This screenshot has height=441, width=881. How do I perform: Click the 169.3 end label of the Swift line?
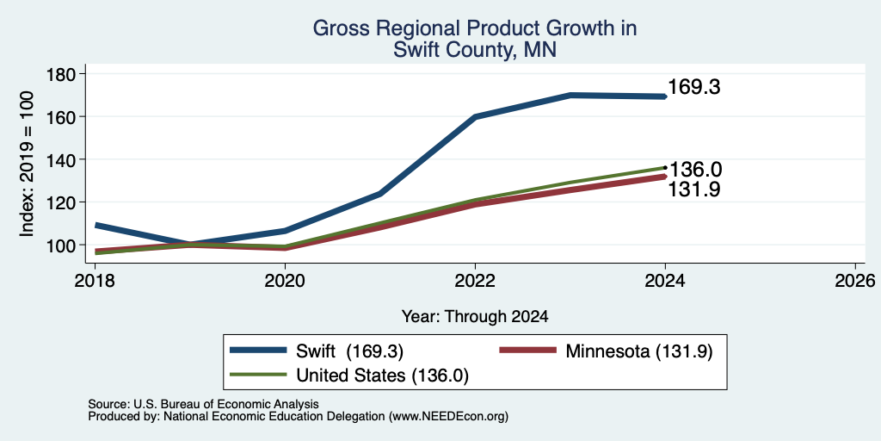tap(694, 88)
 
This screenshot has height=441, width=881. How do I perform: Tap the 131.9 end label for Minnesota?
tap(694, 189)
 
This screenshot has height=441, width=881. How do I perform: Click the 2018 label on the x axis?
tap(95, 280)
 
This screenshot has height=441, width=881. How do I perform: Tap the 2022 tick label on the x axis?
tap(475, 280)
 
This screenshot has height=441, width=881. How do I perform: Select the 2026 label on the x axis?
tap(855, 280)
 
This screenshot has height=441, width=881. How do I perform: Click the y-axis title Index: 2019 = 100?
tap(27, 164)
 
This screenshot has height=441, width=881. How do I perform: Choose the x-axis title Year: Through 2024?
tap(475, 317)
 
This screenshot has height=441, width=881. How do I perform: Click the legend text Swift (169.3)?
tap(350, 351)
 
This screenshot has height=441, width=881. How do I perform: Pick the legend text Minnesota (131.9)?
tap(639, 351)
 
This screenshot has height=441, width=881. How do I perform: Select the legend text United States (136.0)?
tap(382, 376)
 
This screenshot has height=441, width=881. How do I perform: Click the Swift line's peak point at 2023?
tap(570, 95)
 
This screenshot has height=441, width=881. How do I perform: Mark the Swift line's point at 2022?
tap(475, 116)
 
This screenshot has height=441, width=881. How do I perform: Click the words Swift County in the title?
tap(456, 50)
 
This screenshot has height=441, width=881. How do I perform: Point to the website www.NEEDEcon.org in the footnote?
tap(447, 417)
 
